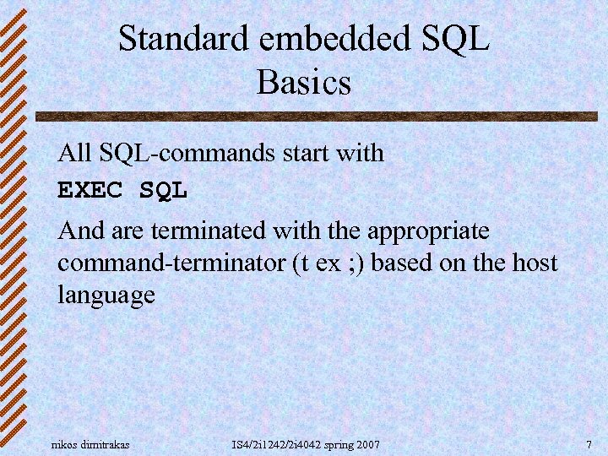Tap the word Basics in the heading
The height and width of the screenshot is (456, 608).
coord(303,83)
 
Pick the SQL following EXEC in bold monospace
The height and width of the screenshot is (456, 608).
coord(164,192)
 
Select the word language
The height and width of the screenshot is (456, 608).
coord(106,296)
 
